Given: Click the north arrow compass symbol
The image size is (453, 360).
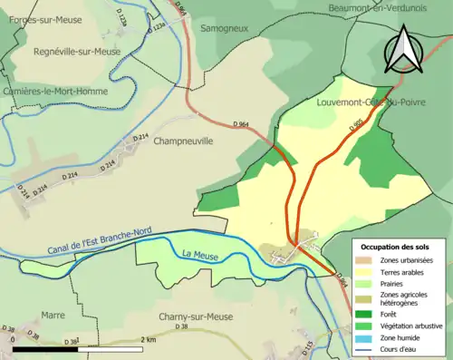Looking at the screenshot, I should tap(403, 50).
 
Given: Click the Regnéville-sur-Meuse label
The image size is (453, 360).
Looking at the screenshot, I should tap(76, 53).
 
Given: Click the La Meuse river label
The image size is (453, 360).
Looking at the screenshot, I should tap(199, 253).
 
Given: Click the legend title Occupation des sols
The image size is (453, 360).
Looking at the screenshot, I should tap(395, 247).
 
